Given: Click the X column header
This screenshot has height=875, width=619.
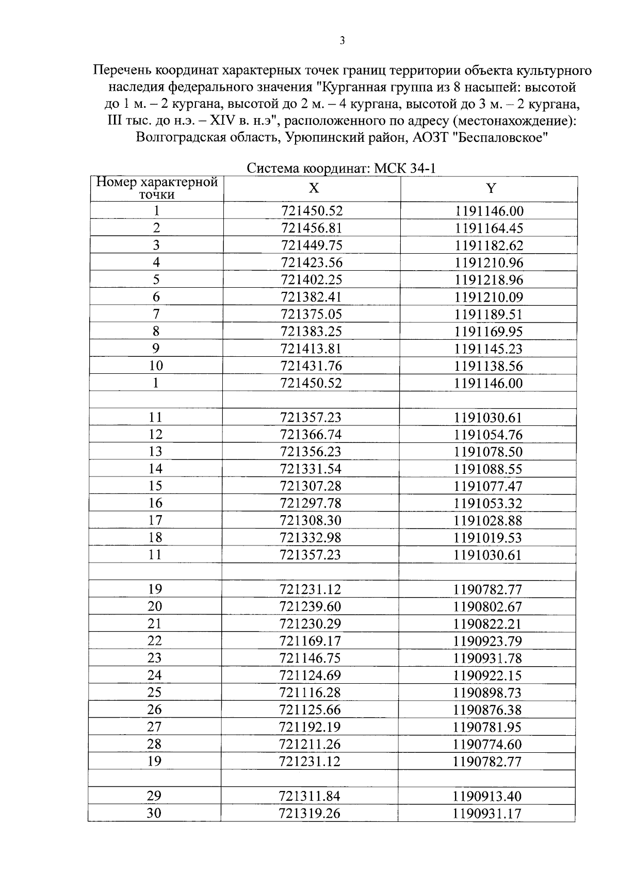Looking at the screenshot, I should pyautogui.click(x=313, y=188).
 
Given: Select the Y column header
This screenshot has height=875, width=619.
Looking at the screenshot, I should pyautogui.click(x=491, y=188).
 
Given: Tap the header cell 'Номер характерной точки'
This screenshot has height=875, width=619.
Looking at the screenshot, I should pyautogui.click(x=157, y=188).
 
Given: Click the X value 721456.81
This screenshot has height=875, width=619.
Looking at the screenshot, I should pyautogui.click(x=312, y=228).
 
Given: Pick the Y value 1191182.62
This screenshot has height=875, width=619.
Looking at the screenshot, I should pyautogui.click(x=488, y=245).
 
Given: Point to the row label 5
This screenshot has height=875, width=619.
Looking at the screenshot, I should pyautogui.click(x=156, y=279).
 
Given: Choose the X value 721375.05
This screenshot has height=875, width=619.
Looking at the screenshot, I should pyautogui.click(x=312, y=314).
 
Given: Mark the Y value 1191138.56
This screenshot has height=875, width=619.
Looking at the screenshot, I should pyautogui.click(x=488, y=366).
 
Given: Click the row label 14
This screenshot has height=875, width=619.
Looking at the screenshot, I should pyautogui.click(x=155, y=469).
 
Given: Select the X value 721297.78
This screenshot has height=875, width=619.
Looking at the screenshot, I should pyautogui.click(x=311, y=503).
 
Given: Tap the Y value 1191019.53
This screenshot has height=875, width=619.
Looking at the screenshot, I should pyautogui.click(x=488, y=538).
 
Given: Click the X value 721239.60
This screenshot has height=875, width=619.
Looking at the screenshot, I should pyautogui.click(x=310, y=606).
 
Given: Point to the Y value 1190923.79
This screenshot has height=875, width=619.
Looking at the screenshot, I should pyautogui.click(x=487, y=641).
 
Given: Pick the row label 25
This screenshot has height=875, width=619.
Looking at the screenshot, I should pyautogui.click(x=154, y=692).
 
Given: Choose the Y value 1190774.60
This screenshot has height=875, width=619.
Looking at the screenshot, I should pyautogui.click(x=487, y=744).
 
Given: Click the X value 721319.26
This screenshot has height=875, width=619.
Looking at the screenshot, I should pyautogui.click(x=309, y=813).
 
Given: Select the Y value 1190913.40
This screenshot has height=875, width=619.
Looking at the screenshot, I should pyautogui.click(x=487, y=796).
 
